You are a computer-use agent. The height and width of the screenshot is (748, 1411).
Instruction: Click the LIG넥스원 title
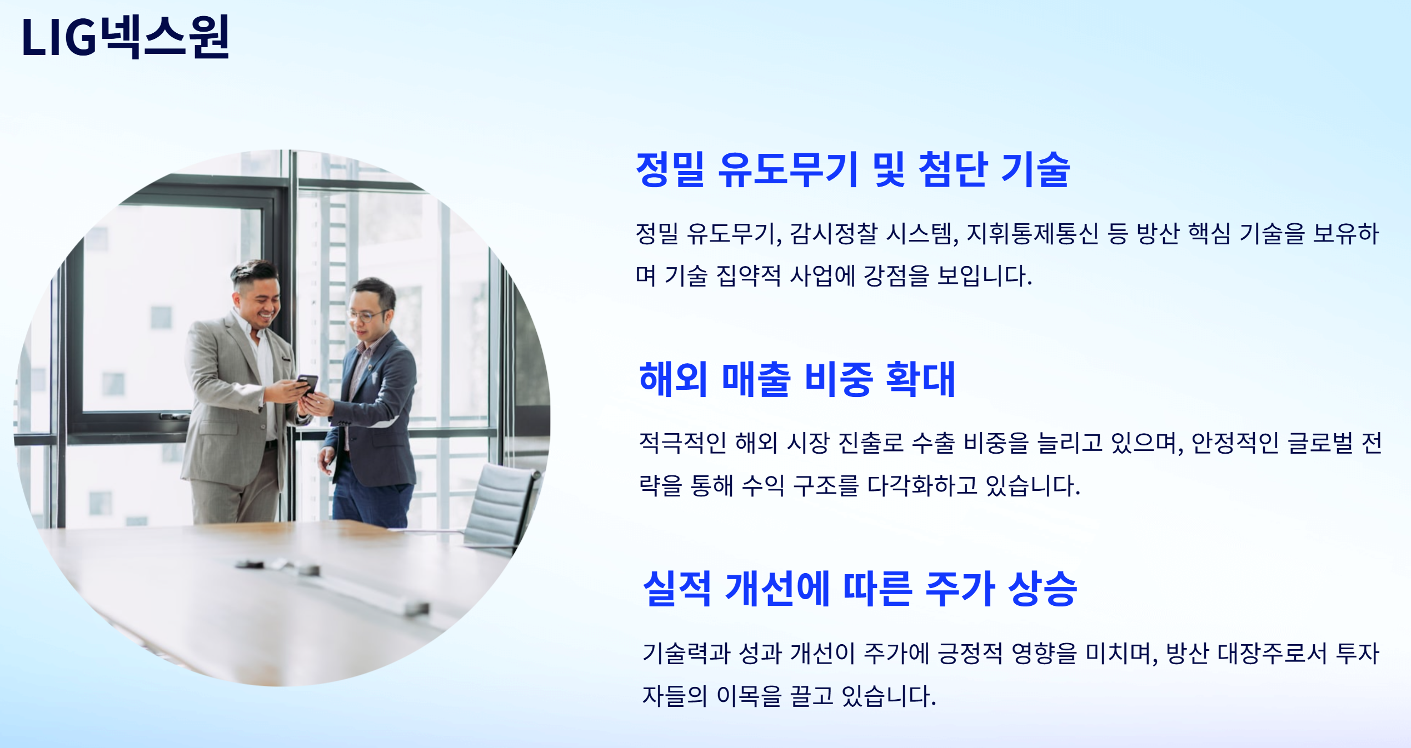pos(125,37)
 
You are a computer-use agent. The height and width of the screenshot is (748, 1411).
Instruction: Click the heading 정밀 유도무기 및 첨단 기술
pos(852,169)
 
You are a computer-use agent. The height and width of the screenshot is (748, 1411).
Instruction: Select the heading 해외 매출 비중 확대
pos(797,379)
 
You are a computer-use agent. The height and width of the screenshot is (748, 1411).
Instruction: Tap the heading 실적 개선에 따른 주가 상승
pos(860,589)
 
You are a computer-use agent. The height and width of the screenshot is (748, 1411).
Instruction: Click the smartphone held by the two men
pos(307,384)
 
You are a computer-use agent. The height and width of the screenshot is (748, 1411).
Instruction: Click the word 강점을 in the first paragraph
pos(896,276)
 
